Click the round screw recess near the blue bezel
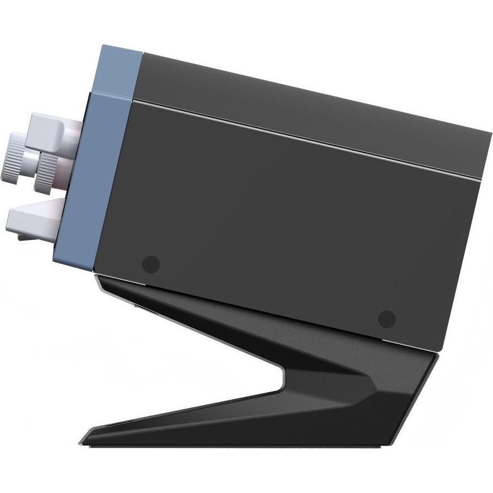click(x=151, y=265)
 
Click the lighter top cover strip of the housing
click(x=305, y=109)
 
